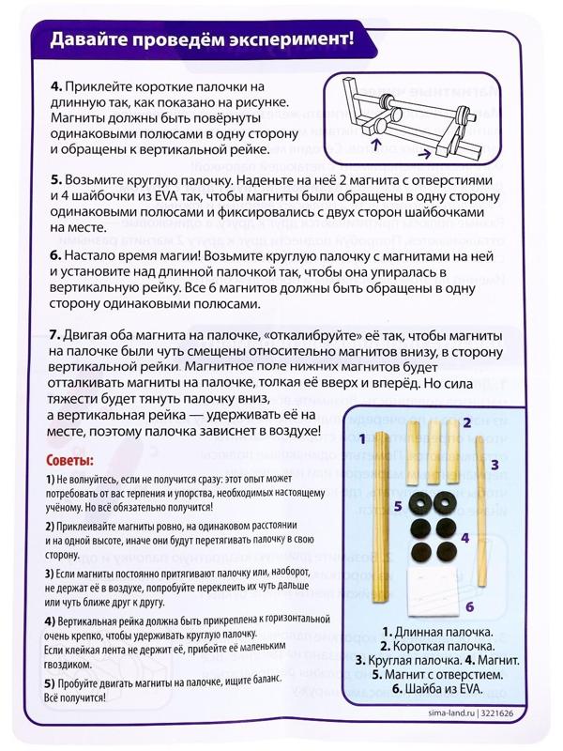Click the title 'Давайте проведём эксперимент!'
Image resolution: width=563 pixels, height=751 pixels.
click(202, 39)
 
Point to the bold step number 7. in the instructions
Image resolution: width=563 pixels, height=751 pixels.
click(55, 333)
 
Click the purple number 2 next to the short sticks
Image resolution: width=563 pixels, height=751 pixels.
click(465, 424)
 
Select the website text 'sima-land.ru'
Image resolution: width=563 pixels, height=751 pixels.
click(446, 713)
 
